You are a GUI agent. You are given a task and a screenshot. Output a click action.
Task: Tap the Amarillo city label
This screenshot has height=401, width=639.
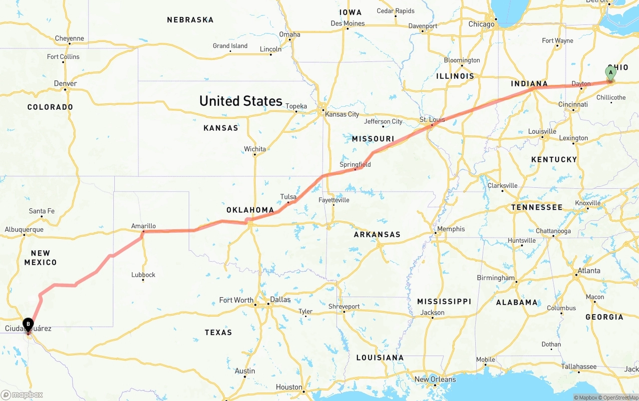pyautogui.click(x=143, y=226)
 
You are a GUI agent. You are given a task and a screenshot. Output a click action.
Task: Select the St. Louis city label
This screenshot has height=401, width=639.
pyautogui.click(x=432, y=120)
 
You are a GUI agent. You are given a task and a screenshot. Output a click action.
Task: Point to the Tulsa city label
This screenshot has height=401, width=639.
pyautogui.click(x=288, y=197)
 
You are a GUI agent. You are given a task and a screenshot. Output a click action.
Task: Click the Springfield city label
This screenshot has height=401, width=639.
pyautogui.click(x=355, y=164)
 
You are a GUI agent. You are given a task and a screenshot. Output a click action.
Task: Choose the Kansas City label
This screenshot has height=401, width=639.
pyautogui.click(x=342, y=114)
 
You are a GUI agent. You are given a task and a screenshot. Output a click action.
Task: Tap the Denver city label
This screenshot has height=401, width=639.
pyautogui.click(x=65, y=83)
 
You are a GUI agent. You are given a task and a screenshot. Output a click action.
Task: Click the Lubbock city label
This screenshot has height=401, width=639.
pyautogui.click(x=143, y=275)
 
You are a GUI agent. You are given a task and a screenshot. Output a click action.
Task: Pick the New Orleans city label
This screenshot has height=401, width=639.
pyautogui.click(x=435, y=380)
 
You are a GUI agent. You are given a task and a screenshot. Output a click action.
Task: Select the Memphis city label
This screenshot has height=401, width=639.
pyautogui.click(x=451, y=229)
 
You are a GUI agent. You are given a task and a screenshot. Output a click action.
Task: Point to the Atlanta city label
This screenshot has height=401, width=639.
pyautogui.click(x=589, y=271)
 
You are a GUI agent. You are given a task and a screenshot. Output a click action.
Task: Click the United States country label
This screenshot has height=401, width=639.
pyautogui.click(x=241, y=101)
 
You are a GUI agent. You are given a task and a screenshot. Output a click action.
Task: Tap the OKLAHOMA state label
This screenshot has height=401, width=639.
pyautogui.click(x=250, y=210)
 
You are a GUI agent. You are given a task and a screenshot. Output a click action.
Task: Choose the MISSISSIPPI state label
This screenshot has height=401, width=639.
pyautogui.click(x=444, y=302)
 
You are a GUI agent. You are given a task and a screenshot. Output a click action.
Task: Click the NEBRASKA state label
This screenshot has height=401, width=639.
pyautogui.click(x=190, y=20)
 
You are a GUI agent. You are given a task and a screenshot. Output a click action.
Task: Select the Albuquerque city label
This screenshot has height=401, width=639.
pyautogui.click(x=24, y=230)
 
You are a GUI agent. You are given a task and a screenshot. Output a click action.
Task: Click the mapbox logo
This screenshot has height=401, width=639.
pyautogui.click(x=22, y=395)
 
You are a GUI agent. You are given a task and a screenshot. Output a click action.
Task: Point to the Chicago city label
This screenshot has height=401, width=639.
pyautogui.click(x=481, y=24)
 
